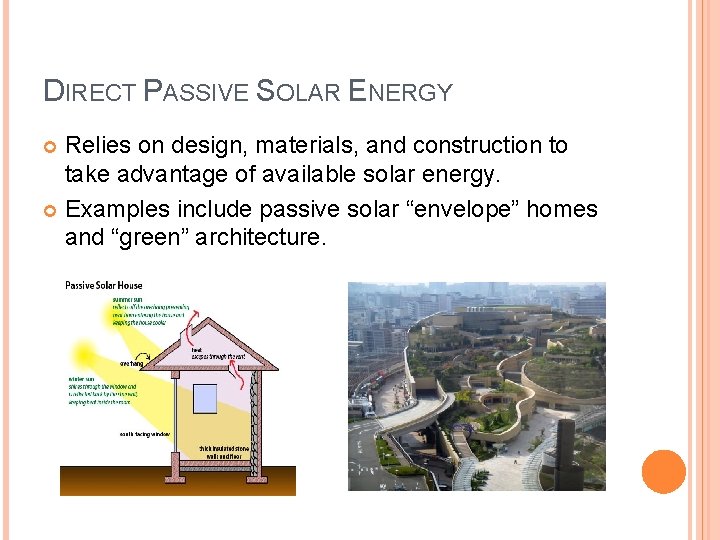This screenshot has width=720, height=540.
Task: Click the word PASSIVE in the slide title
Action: point(197,92)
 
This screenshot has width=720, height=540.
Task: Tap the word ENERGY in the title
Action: point(400,92)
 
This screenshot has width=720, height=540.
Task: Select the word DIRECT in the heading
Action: point(89,92)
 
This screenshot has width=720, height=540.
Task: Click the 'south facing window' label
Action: point(146,434)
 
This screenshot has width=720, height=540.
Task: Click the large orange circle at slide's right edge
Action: point(663,472)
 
